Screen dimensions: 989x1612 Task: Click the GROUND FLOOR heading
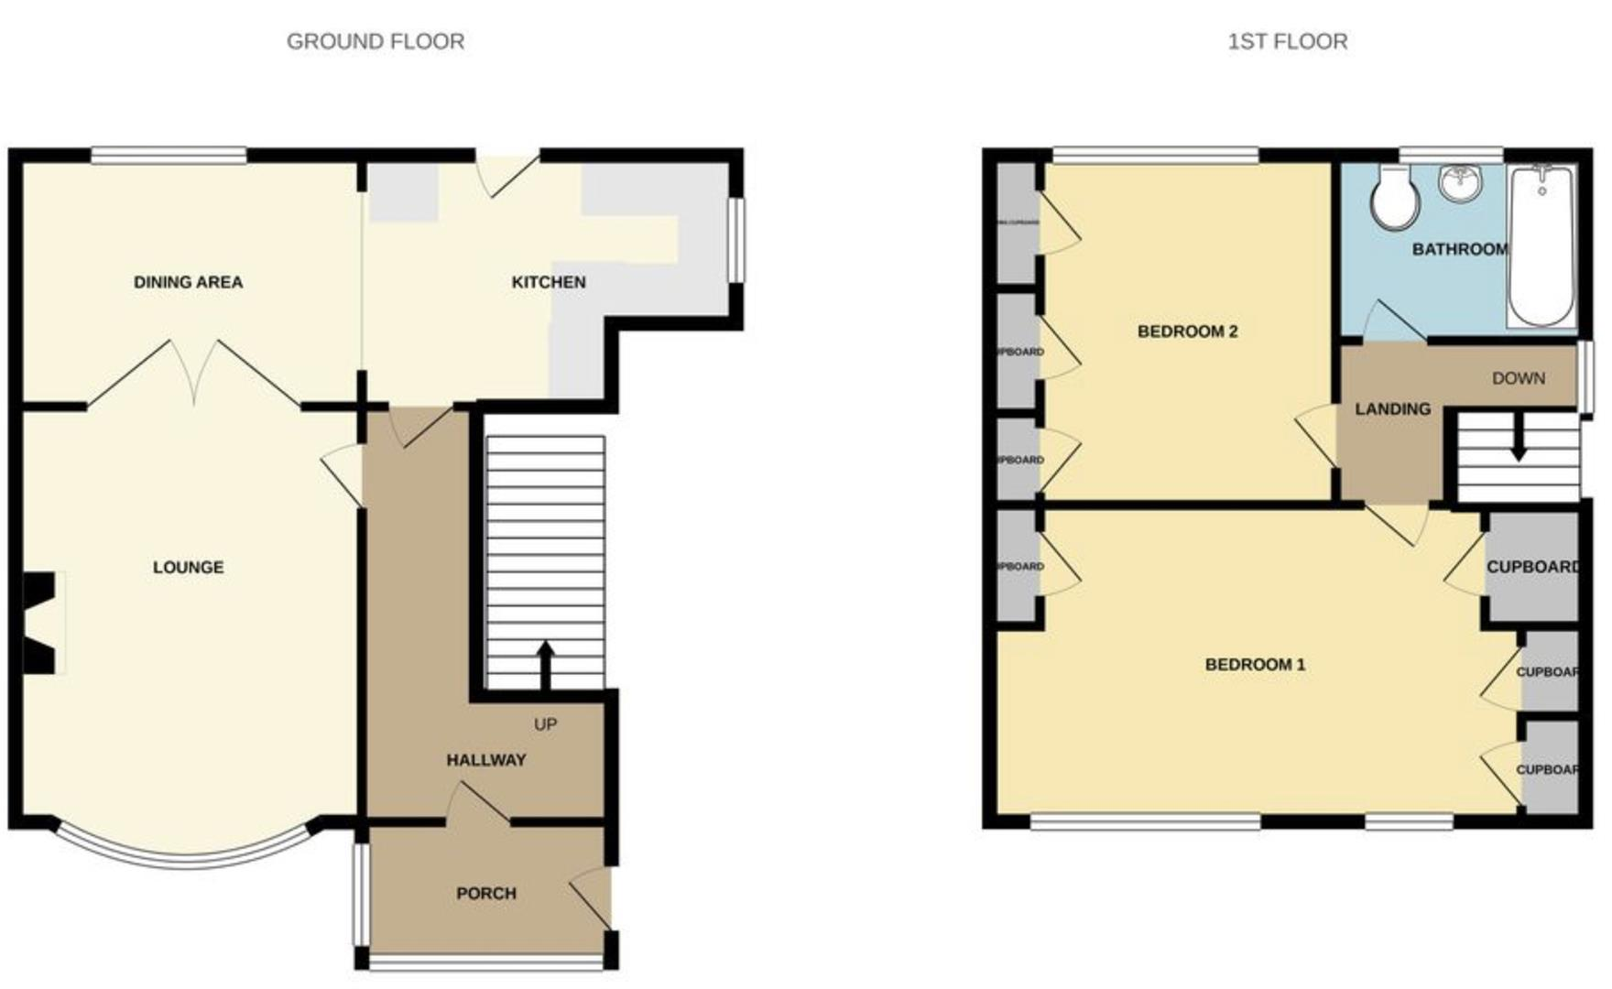pyautogui.click(x=376, y=41)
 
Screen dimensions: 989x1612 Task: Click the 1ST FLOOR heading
pyautogui.click(x=1287, y=41)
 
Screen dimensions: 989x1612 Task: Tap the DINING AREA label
pyautogui.click(x=188, y=282)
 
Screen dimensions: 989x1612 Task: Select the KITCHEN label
pyautogui.click(x=548, y=282)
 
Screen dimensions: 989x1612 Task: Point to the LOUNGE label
pyautogui.click(x=188, y=568)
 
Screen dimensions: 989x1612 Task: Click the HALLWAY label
pyautogui.click(x=485, y=760)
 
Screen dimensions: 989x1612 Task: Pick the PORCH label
pyautogui.click(x=485, y=893)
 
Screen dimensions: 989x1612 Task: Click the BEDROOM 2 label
pyautogui.click(x=1187, y=331)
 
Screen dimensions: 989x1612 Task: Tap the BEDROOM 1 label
pyautogui.click(x=1255, y=665)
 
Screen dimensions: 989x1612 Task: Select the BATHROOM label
pyautogui.click(x=1459, y=249)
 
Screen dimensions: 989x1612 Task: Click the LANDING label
pyautogui.click(x=1392, y=409)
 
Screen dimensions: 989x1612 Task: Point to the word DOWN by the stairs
pyautogui.click(x=1518, y=378)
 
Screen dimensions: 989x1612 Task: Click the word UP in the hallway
pyautogui.click(x=545, y=724)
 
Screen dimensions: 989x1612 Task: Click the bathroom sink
pyautogui.click(x=1460, y=182)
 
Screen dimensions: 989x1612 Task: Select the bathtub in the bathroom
pyautogui.click(x=1542, y=245)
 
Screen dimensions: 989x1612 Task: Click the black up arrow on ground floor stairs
pyautogui.click(x=545, y=664)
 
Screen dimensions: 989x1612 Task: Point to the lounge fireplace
pyautogui.click(x=41, y=623)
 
